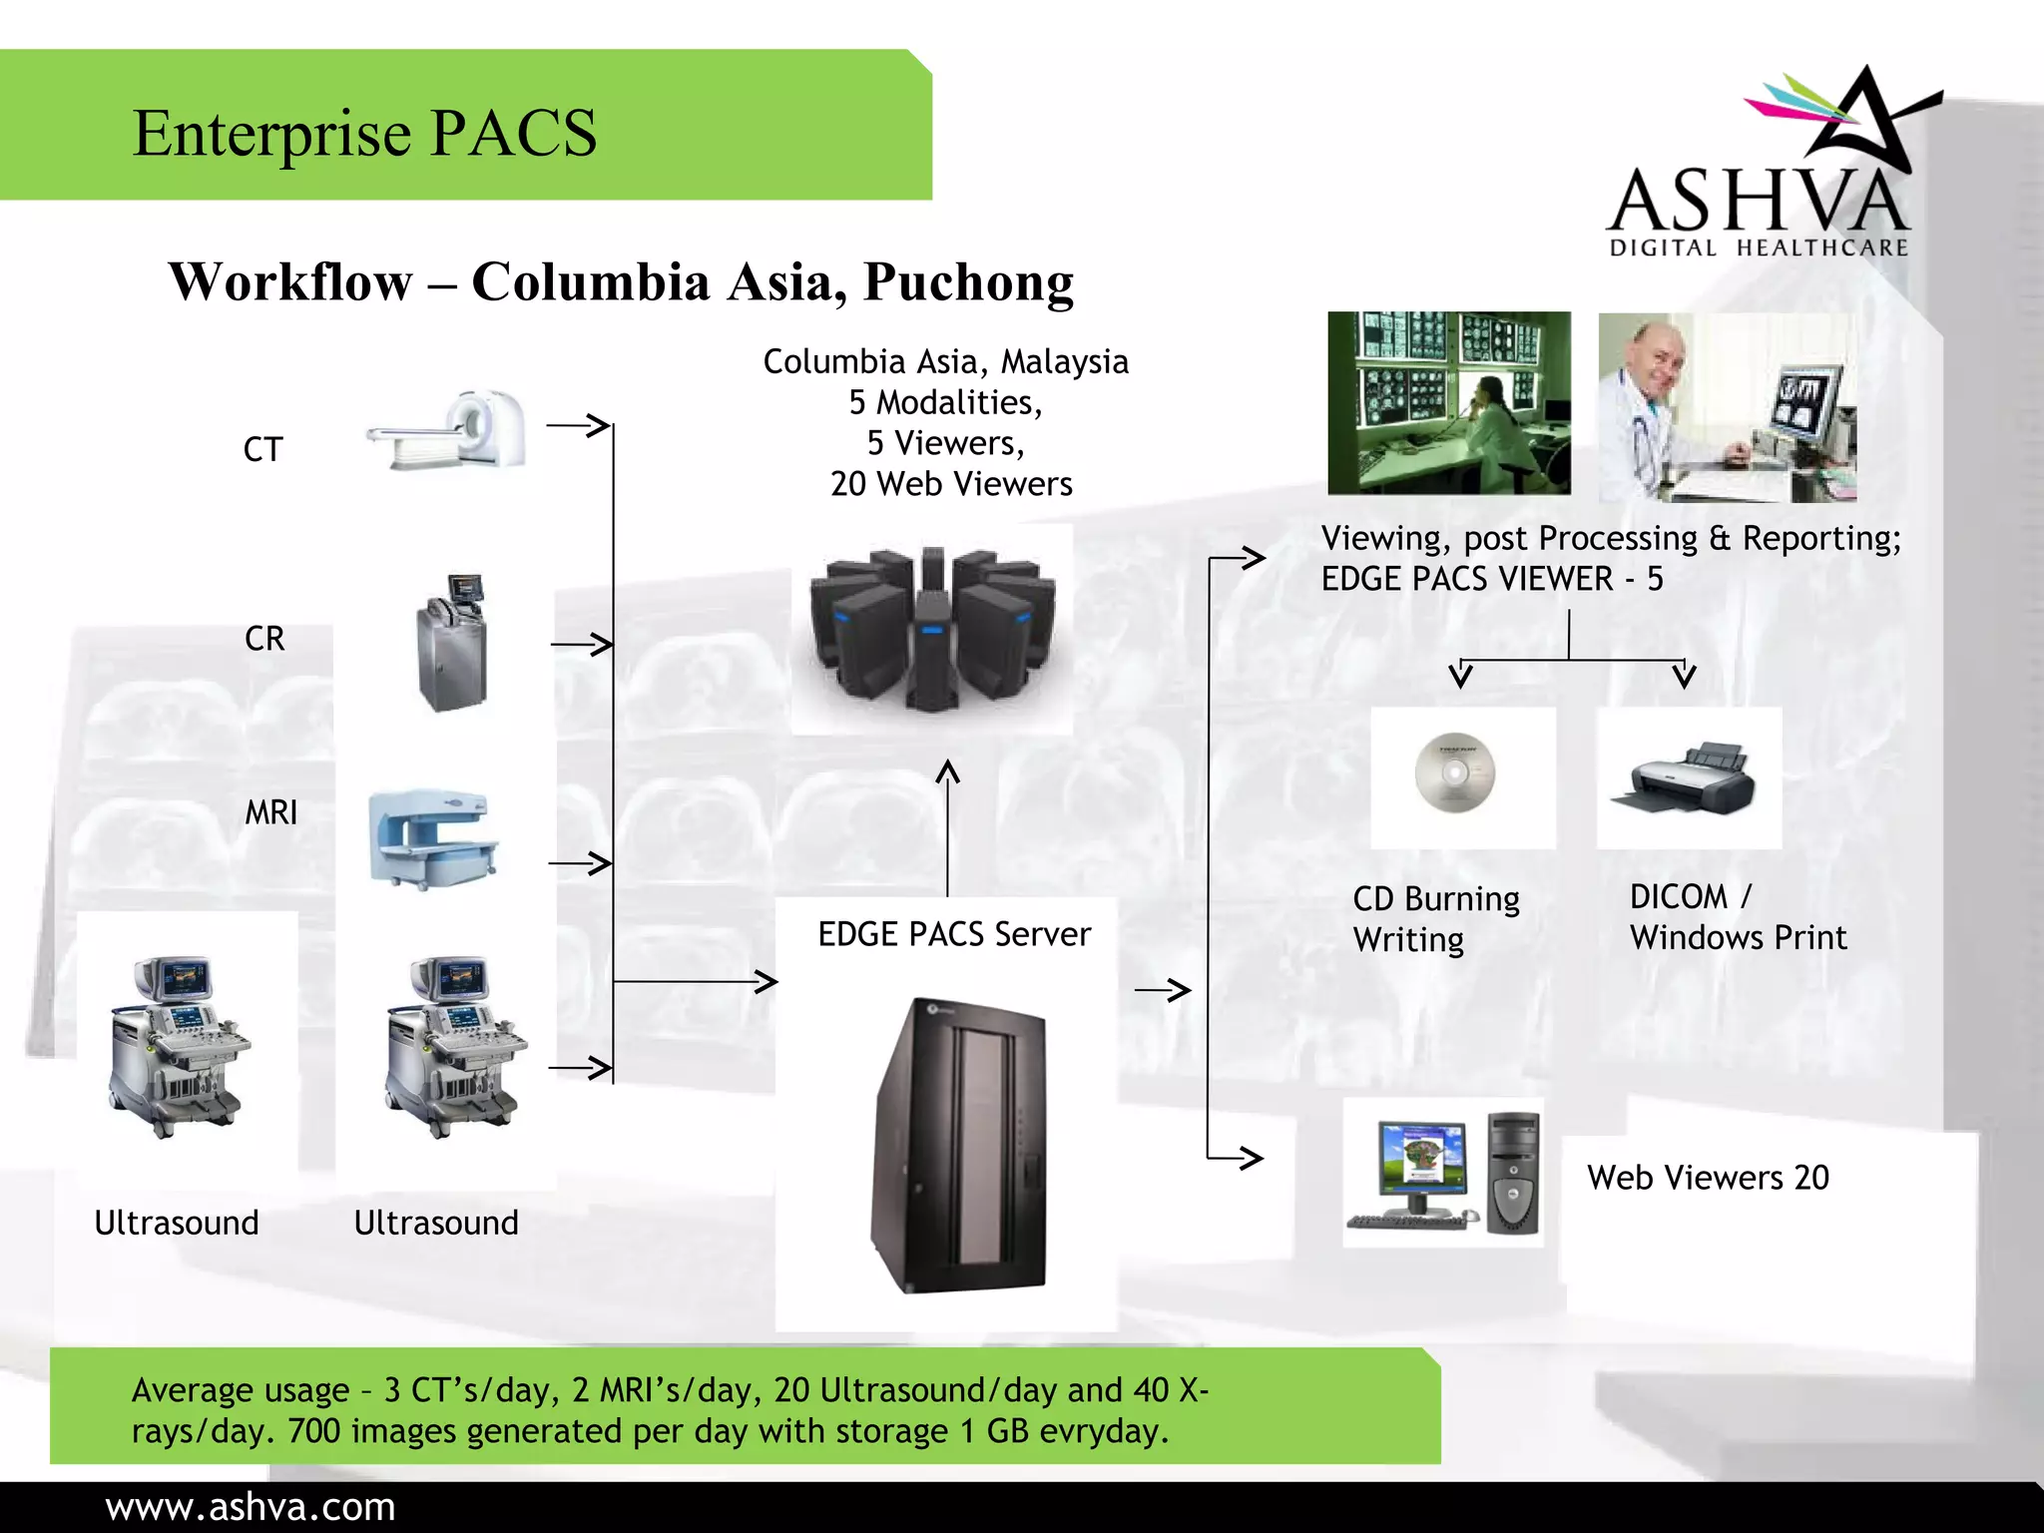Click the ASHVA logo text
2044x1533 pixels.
1759,203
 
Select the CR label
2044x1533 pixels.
264,639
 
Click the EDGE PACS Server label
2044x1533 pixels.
953,934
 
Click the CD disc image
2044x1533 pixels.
1455,772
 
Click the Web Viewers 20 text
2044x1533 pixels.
1708,1178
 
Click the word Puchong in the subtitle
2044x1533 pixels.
968,282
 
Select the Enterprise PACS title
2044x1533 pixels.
364,133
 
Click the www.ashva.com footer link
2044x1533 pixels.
251,1507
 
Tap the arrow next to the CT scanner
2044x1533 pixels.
579,426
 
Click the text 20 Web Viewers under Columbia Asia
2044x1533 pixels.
950,484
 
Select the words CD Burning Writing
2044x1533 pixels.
1435,919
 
